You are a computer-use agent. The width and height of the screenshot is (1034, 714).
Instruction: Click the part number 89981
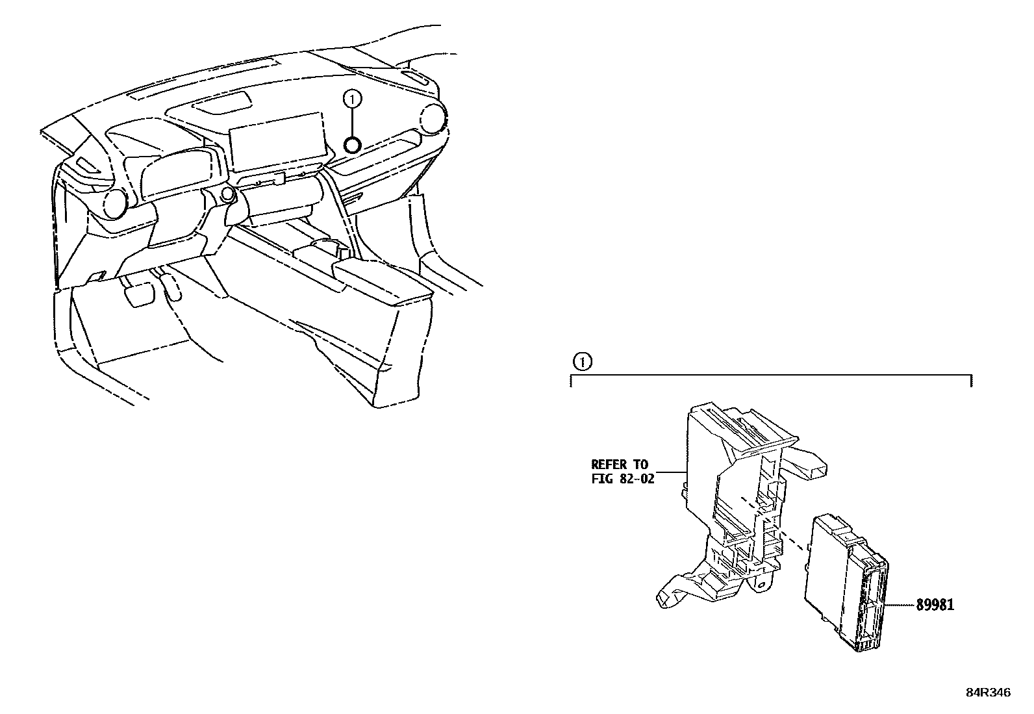click(x=935, y=605)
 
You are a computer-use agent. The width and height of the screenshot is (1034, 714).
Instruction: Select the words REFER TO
click(x=620, y=464)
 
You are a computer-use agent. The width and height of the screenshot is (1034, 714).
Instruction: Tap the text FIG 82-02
click(x=623, y=479)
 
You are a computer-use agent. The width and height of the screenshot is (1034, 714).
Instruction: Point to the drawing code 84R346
click(x=989, y=693)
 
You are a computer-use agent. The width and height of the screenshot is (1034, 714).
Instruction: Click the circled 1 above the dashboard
click(x=353, y=99)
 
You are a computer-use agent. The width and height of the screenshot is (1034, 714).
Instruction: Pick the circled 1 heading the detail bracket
click(x=582, y=362)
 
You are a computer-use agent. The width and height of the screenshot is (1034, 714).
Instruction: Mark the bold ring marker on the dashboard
click(x=353, y=145)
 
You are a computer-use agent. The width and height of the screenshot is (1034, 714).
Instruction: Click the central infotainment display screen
click(x=279, y=142)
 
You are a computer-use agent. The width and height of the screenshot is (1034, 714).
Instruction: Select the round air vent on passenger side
click(x=433, y=118)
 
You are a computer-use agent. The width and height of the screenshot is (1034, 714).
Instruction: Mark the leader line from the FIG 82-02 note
click(x=672, y=472)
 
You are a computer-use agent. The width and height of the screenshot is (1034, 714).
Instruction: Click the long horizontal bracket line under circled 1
click(x=772, y=375)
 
